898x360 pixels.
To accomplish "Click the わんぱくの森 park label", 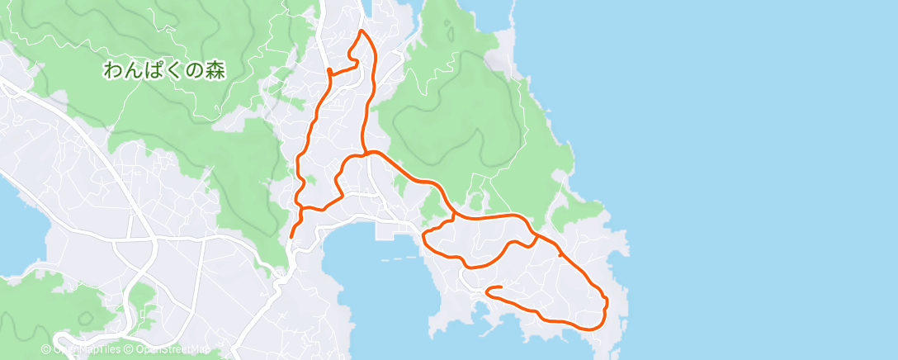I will click(164, 70).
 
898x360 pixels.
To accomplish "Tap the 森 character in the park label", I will click(215, 70).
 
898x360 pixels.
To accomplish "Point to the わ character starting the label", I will click(112, 70).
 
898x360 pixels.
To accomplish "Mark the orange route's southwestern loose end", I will click(291, 237).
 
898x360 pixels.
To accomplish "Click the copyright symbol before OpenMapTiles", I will click(46, 349).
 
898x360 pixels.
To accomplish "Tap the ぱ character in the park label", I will click(154, 70).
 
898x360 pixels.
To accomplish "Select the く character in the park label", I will click(174, 70).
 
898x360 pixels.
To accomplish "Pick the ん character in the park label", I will click(133, 70).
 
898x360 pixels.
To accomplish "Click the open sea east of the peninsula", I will click(743, 165).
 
